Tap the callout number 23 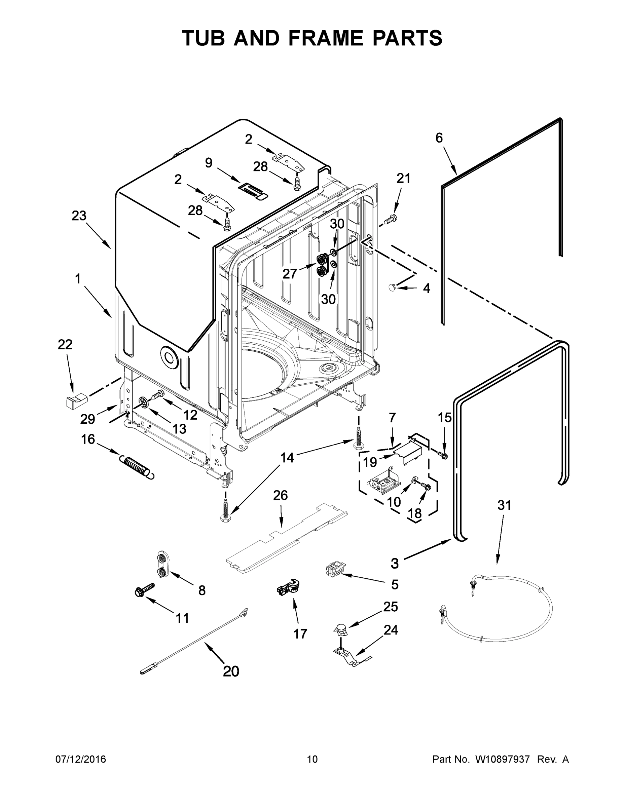pyautogui.click(x=79, y=216)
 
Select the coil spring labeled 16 pyautogui.click(x=136, y=467)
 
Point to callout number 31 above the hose pyautogui.click(x=504, y=505)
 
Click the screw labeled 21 pyautogui.click(x=390, y=220)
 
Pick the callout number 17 pyautogui.click(x=300, y=634)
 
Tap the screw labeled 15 pyautogui.click(x=442, y=454)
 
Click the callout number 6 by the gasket pyautogui.click(x=439, y=138)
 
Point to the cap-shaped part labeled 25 pyautogui.click(x=341, y=629)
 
